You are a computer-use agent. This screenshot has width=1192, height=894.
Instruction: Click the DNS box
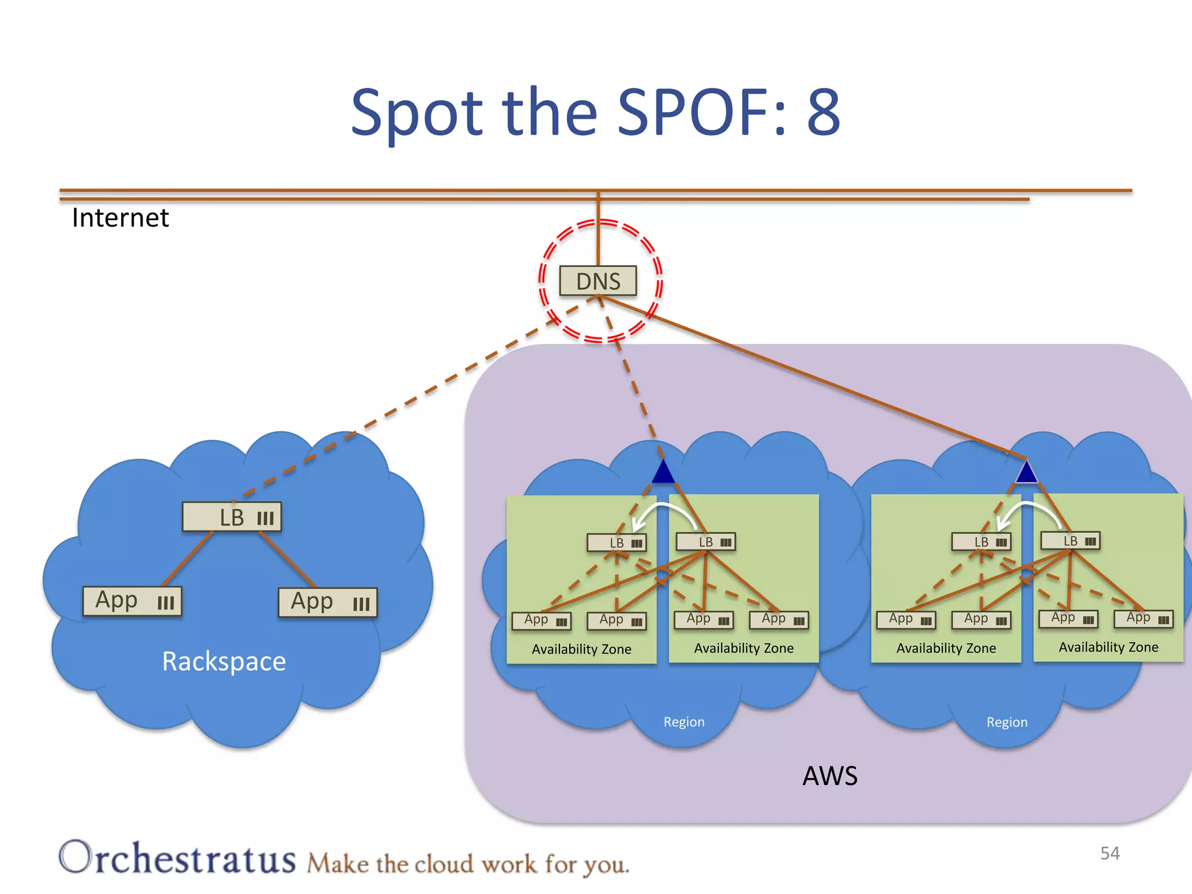click(598, 281)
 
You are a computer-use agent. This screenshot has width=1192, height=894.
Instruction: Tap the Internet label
click(120, 218)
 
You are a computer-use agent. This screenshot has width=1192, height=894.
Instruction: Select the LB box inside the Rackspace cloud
click(232, 517)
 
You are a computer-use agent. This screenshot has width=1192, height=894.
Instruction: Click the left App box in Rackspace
click(132, 601)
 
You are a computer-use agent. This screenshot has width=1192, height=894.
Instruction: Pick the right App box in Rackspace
click(328, 602)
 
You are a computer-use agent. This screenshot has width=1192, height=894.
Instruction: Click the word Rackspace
click(223, 661)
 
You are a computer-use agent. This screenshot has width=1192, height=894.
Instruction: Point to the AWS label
click(829, 776)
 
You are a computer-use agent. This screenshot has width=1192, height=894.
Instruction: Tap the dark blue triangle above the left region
click(663, 472)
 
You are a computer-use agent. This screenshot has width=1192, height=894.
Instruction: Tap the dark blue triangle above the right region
click(1026, 473)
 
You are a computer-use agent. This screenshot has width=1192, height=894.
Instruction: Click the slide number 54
click(1109, 853)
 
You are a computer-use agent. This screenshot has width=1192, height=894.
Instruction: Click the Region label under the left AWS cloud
click(684, 722)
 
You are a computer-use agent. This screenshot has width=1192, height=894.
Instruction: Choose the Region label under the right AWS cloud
click(1006, 722)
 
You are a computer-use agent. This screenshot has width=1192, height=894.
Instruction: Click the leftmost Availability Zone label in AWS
click(581, 649)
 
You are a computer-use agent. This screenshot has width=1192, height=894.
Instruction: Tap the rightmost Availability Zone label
click(1108, 647)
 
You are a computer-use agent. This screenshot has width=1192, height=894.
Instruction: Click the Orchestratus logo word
click(178, 858)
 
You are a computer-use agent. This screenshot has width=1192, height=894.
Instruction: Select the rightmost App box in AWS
click(1143, 618)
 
